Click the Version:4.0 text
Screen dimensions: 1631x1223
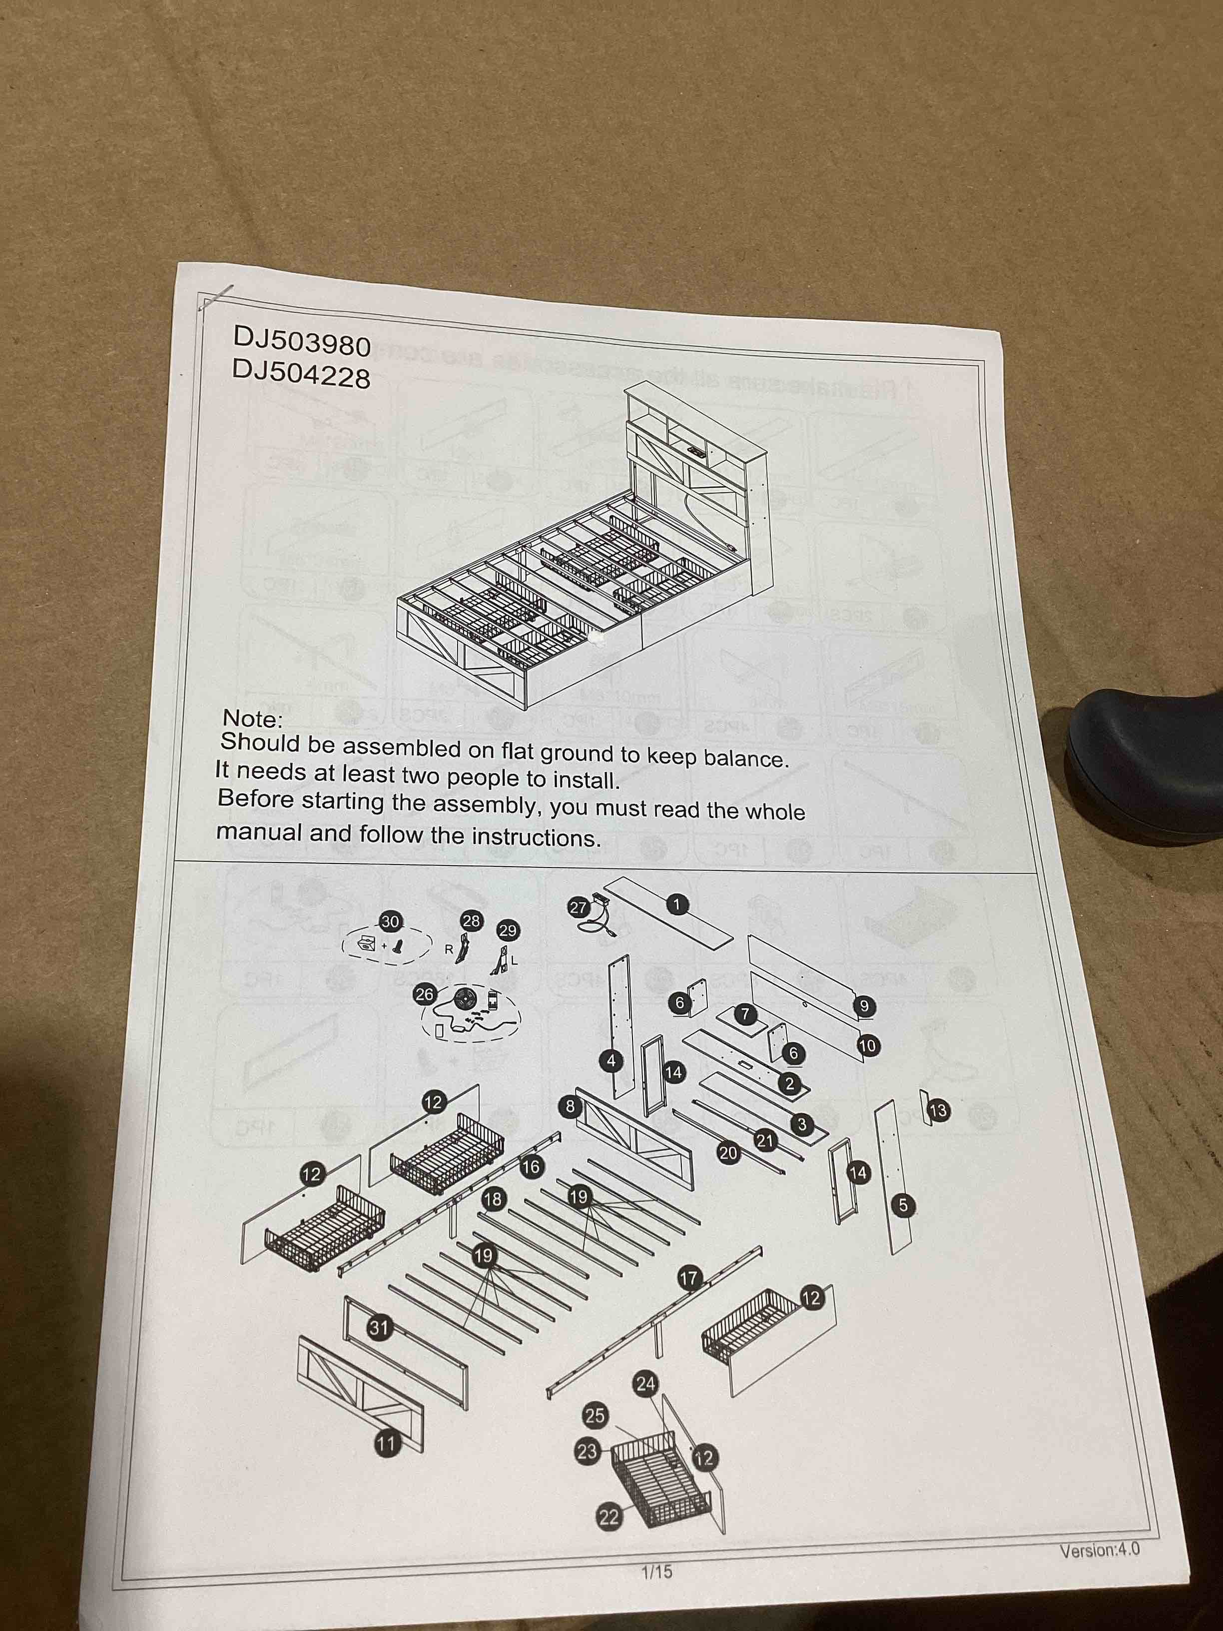pyautogui.click(x=1099, y=1550)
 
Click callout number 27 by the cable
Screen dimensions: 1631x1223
pyautogui.click(x=578, y=907)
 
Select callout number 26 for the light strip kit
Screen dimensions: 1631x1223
pyautogui.click(x=425, y=995)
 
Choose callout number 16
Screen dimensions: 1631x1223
pyautogui.click(x=531, y=1166)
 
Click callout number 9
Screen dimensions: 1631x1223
pyautogui.click(x=865, y=1005)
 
